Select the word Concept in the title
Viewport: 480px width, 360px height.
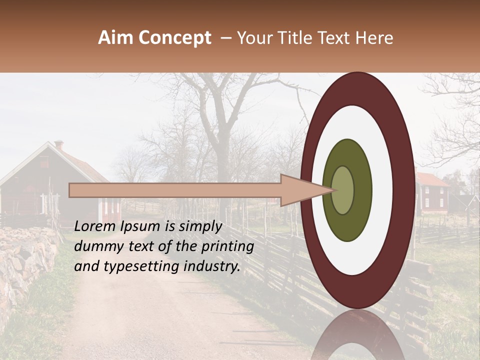pos(174,38)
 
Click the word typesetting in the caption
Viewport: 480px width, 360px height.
pos(139,266)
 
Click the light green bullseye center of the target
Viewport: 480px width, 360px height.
pos(343,190)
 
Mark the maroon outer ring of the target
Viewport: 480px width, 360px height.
pos(357,88)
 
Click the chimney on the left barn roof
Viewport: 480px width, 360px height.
pos(59,145)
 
